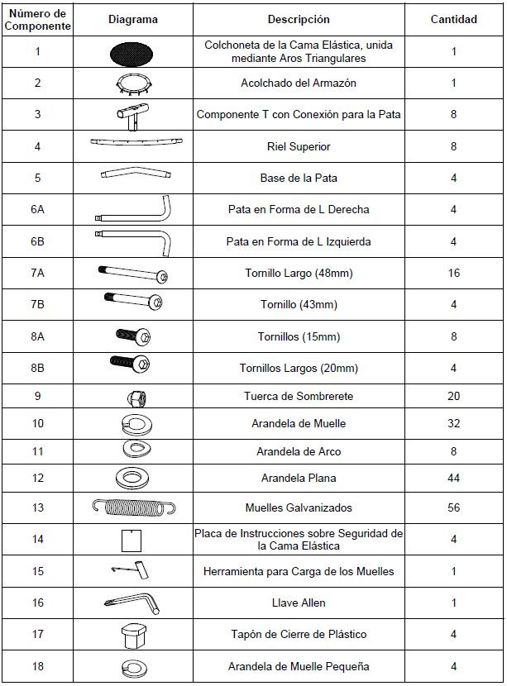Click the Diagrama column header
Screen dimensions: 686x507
point(132,20)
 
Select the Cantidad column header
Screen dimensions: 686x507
point(453,20)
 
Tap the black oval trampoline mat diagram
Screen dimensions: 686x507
point(132,52)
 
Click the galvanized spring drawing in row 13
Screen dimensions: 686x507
point(132,507)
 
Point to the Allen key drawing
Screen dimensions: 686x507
point(132,603)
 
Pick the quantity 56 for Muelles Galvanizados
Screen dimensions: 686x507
point(453,507)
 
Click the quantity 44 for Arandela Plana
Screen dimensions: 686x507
point(453,478)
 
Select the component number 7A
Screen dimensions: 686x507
point(37,273)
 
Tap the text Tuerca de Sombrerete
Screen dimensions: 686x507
point(298,396)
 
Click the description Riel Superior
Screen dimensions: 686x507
point(298,146)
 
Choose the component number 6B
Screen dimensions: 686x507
point(37,241)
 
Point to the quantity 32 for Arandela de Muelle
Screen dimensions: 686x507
point(453,424)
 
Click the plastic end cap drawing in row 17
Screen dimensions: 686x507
point(132,635)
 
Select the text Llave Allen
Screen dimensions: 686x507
point(298,603)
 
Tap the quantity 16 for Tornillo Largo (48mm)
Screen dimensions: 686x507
point(453,273)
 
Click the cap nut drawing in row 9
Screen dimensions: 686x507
point(132,397)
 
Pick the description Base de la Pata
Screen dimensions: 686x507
point(298,178)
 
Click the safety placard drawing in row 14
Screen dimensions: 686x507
point(129,541)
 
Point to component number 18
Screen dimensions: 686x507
point(37,666)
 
